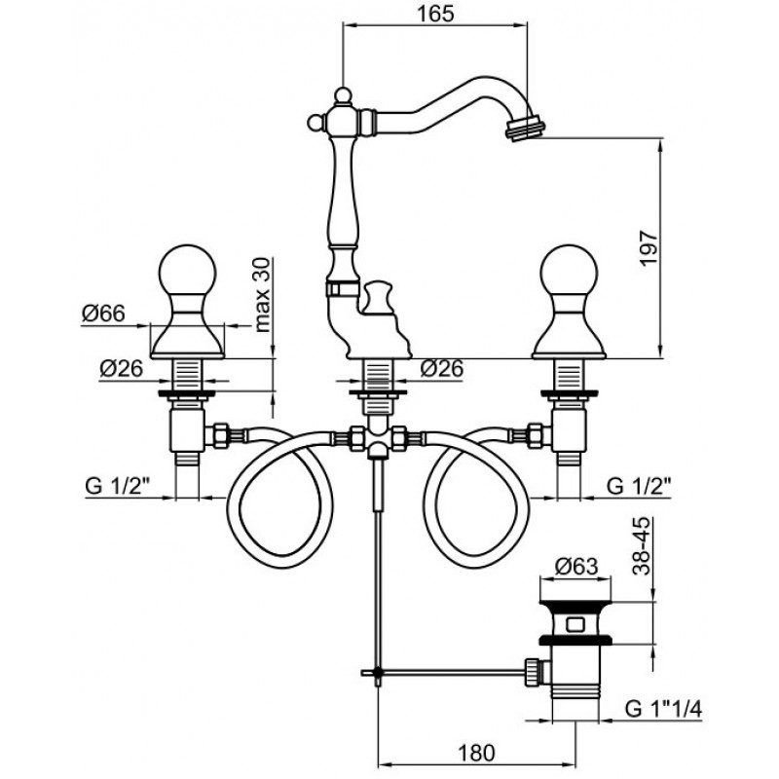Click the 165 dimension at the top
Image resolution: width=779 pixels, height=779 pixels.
coord(434,14)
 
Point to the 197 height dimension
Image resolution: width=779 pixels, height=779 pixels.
coord(649,248)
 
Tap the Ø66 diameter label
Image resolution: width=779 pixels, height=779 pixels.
coord(103,314)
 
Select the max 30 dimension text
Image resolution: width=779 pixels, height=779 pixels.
coord(263,295)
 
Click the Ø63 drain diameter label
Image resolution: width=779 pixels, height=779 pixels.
coord(575,566)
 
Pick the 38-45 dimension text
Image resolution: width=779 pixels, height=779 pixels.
coord(641,546)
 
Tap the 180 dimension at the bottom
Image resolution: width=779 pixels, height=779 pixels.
coord(475,753)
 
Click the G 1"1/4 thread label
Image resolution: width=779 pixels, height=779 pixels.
coord(663,709)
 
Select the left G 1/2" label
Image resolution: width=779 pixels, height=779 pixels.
coord(118,485)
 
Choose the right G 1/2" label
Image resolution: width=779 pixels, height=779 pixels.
coord(639,485)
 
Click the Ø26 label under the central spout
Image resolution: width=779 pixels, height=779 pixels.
coord(442,368)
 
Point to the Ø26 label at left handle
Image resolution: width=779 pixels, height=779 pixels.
coord(121,368)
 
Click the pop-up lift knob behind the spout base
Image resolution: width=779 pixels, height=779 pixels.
coord(378,297)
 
